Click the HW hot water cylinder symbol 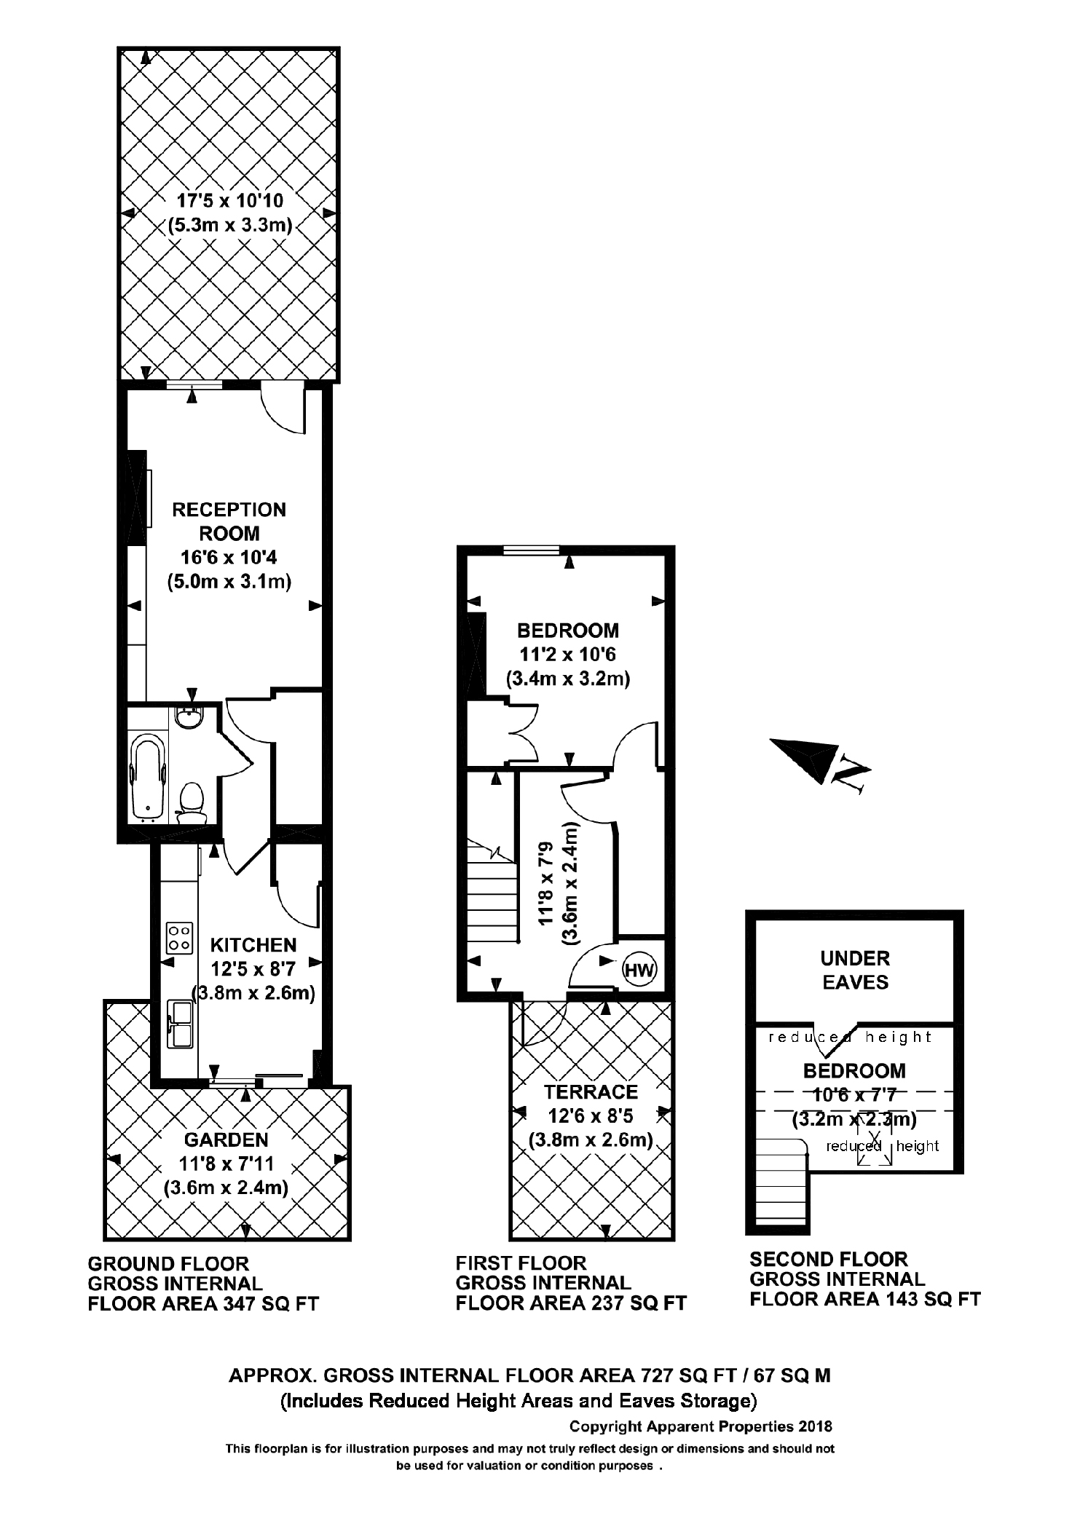point(639,970)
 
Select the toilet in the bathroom point(192,801)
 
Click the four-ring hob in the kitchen point(180,938)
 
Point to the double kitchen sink point(180,1023)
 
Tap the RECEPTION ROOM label point(229,521)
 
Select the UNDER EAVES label point(855,970)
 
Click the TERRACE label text point(591,1091)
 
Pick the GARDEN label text point(226,1139)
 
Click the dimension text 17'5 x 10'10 point(230,200)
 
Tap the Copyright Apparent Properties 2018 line point(700,1426)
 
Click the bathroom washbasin point(190,718)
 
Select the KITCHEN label point(253,945)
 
